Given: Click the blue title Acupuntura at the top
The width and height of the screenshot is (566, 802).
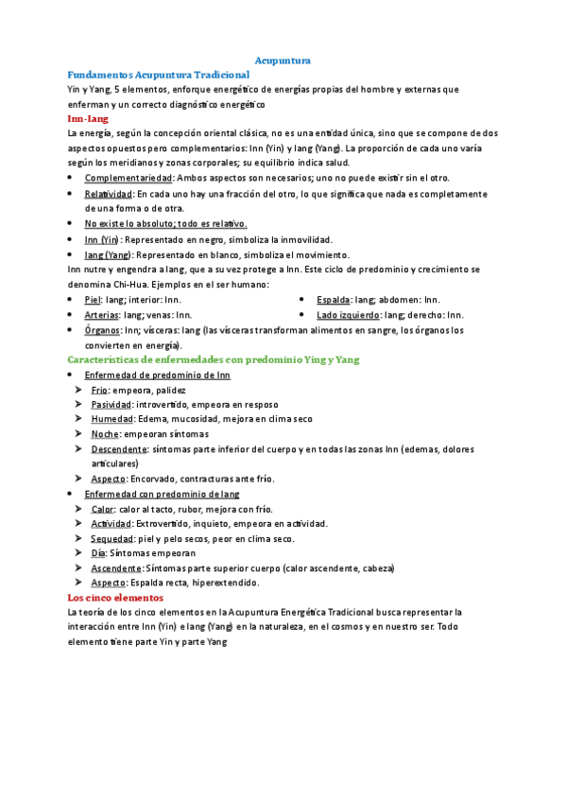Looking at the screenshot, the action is point(283,60).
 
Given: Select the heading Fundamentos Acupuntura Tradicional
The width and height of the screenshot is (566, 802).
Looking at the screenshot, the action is point(158,74).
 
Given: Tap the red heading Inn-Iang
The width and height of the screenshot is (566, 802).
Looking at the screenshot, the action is point(88,119).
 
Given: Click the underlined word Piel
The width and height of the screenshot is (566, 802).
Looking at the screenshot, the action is point(93,300).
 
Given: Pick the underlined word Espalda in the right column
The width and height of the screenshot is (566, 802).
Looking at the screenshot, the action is point(333,300).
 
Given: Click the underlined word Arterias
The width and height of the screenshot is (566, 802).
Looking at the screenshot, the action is point(101,315).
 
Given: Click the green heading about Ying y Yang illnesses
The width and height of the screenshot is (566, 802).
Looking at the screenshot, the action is point(213,359).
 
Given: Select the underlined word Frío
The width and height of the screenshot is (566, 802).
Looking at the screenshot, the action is point(99,390).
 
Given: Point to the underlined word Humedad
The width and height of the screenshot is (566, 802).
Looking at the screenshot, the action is point(111,419).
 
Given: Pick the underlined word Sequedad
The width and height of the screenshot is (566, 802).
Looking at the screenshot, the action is point(112,538).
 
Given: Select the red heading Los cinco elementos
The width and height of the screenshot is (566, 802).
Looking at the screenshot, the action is point(115,598).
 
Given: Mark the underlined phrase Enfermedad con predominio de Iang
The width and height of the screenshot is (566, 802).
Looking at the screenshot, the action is point(162,494).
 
